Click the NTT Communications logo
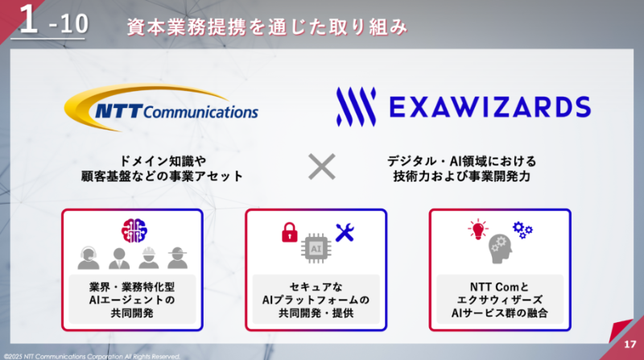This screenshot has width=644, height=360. (x=161, y=108)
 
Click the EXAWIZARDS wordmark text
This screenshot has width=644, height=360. (x=490, y=107)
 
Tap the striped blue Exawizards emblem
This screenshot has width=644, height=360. (x=356, y=106)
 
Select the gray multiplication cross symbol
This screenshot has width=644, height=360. (x=322, y=167)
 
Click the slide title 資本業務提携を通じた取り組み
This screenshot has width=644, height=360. (x=267, y=27)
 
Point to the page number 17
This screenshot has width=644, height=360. (x=630, y=345)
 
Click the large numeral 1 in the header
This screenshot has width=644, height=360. (x=29, y=19)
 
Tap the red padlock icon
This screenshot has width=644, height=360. (x=290, y=232)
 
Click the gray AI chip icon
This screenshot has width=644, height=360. (x=316, y=248)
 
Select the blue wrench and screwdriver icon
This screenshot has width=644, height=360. (x=345, y=233)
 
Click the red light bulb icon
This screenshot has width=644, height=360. (x=478, y=230)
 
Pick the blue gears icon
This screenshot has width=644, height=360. (x=522, y=230)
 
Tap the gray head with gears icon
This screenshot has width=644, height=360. (x=500, y=249)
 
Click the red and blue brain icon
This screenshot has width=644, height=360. (x=134, y=230)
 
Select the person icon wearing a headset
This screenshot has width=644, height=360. (x=89, y=258)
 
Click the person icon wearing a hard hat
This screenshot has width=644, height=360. (x=149, y=258)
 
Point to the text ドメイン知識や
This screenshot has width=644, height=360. (x=163, y=161)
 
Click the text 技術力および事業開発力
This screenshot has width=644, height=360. (x=461, y=176)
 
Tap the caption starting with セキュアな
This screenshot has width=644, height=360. (x=316, y=300)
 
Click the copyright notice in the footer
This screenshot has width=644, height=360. (x=92, y=356)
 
